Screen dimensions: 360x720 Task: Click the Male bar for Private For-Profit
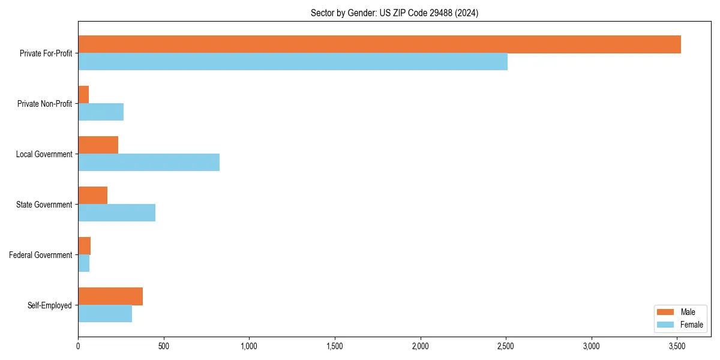pyautogui.click(x=379, y=44)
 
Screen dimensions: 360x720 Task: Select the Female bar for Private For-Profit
pyautogui.click(x=293, y=62)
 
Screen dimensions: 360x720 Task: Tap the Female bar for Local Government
pyautogui.click(x=149, y=163)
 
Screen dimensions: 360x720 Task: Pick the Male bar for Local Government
pyautogui.click(x=98, y=145)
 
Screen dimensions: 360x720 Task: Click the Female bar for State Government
pyautogui.click(x=117, y=213)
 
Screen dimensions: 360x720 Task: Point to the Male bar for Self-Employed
pyautogui.click(x=110, y=296)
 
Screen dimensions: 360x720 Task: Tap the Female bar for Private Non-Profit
pyautogui.click(x=101, y=112)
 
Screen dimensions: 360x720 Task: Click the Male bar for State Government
pyautogui.click(x=93, y=196)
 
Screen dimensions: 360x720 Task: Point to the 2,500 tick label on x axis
pyautogui.click(x=506, y=346)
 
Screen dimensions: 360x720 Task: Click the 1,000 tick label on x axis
pyautogui.click(x=249, y=346)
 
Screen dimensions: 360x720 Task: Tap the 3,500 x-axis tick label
pyautogui.click(x=677, y=346)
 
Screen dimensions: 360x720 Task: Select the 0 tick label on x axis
pyautogui.click(x=78, y=346)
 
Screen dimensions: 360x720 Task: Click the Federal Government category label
pyautogui.click(x=41, y=255)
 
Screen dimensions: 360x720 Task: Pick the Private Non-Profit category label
pyautogui.click(x=44, y=104)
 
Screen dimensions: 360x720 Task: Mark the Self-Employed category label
pyautogui.click(x=50, y=305)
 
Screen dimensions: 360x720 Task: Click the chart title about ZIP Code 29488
pyautogui.click(x=394, y=13)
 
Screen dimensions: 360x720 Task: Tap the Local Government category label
pyautogui.click(x=44, y=154)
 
